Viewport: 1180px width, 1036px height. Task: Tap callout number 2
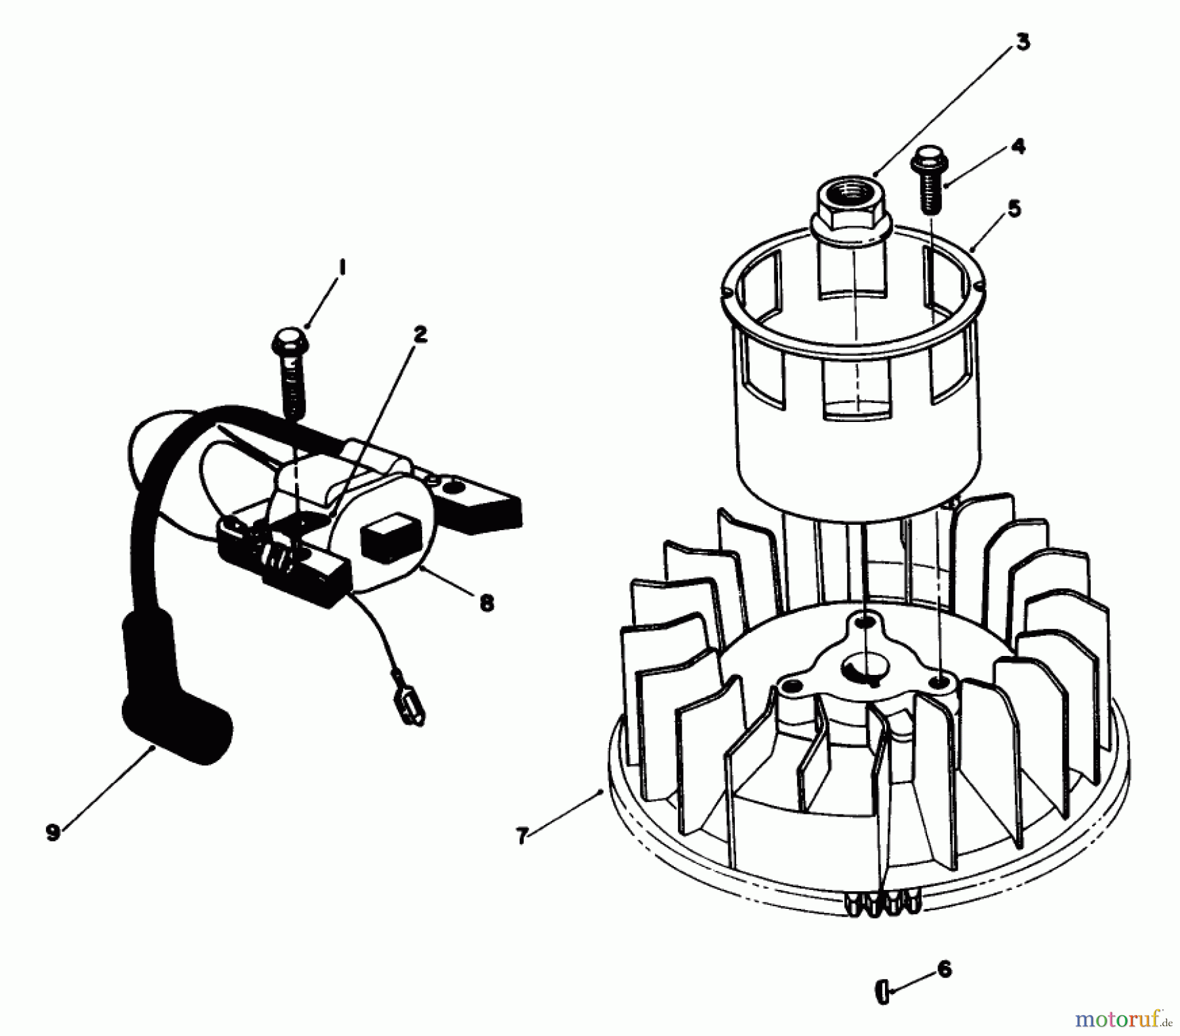(420, 334)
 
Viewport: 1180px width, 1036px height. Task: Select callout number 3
(1023, 42)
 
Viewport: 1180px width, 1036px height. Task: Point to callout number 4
(1017, 146)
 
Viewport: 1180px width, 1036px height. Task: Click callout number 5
(1013, 209)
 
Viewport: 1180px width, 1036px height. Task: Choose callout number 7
(522, 837)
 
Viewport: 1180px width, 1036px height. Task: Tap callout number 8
(486, 603)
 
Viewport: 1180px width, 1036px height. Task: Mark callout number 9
(53, 833)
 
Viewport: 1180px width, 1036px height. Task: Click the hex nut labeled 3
(851, 208)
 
